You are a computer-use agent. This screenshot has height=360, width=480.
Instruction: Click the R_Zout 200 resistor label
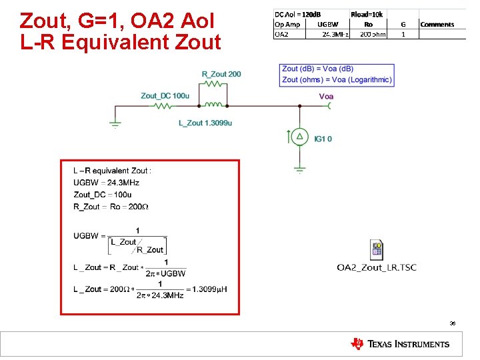point(221,74)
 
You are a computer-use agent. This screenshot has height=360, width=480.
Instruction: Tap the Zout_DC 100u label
point(165,96)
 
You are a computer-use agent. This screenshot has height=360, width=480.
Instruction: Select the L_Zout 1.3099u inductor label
point(205,123)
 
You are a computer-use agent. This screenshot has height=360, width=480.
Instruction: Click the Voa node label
point(327,97)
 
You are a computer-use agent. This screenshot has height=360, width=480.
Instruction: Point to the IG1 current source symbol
point(300,137)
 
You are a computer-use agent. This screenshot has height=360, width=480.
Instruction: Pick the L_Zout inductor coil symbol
point(214,105)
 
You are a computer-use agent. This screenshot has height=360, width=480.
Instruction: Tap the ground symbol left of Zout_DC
point(115,123)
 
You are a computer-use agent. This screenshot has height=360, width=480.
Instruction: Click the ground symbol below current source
point(300,169)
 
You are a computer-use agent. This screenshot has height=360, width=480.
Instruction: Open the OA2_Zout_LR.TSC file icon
point(377,250)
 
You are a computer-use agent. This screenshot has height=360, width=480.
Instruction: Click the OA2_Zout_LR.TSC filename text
point(377,267)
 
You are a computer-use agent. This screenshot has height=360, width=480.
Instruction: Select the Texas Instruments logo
point(400,344)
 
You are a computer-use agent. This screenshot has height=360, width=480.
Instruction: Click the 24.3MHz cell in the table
point(335,33)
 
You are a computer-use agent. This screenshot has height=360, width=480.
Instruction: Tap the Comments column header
point(437,25)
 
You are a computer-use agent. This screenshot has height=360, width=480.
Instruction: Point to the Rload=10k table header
point(368,13)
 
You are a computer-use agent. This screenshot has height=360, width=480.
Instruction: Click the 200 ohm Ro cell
point(372,33)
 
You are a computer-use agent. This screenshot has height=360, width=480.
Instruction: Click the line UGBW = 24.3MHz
point(106,183)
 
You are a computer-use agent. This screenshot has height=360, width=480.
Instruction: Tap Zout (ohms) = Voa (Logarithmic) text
point(337,79)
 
